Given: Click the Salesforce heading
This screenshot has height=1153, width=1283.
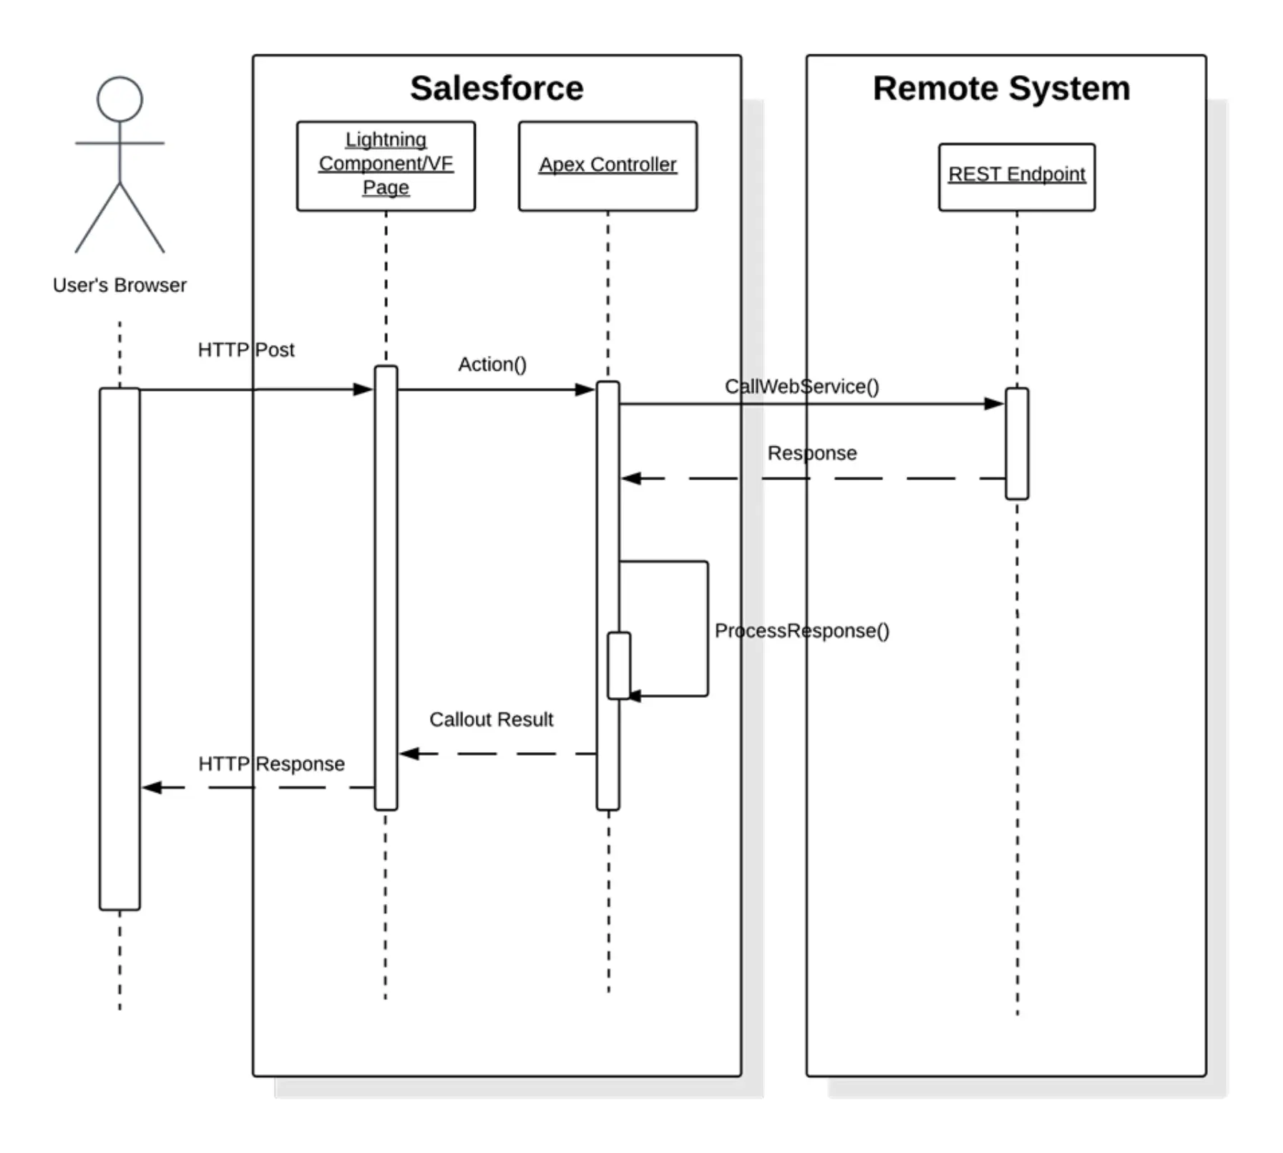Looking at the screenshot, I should (496, 89).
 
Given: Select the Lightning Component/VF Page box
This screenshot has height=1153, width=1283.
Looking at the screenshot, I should (386, 165).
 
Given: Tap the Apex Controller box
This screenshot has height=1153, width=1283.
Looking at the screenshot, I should (608, 165).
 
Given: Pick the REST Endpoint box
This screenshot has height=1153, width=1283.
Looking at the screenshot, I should (1016, 176).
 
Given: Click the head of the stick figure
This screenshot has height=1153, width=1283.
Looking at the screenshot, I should (119, 99).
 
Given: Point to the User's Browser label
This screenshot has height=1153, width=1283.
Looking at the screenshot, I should (119, 285).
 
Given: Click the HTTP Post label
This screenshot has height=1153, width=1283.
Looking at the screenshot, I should (245, 349).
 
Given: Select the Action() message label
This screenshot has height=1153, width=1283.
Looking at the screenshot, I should (492, 364).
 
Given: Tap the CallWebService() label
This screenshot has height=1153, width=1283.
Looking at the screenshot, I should (801, 386).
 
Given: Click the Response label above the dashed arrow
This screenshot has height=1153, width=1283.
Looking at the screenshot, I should (811, 453).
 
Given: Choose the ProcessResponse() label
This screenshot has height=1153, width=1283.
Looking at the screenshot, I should (801, 631).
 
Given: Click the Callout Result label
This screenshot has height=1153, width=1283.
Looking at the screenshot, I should (491, 719).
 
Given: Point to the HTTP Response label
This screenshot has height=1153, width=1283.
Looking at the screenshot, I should (271, 764).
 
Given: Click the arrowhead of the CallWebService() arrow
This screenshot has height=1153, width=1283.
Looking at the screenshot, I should (995, 404).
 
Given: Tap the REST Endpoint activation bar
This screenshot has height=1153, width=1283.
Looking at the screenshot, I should (1016, 444).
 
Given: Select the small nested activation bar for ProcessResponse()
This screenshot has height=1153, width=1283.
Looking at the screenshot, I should (618, 665).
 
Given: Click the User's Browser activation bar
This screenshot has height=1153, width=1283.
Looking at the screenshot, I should (119, 648).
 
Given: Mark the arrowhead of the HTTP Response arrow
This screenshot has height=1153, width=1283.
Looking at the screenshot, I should (152, 787).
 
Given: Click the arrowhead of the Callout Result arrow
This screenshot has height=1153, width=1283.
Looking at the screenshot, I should (409, 754).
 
